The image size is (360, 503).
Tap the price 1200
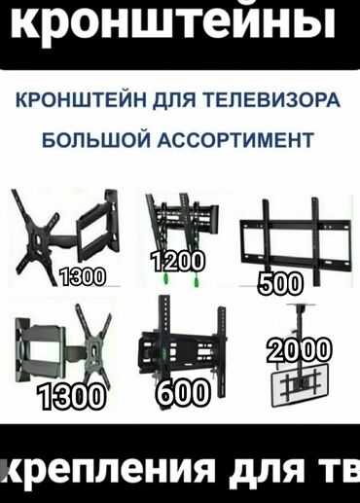coord(177,261)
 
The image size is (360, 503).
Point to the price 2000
coord(299,349)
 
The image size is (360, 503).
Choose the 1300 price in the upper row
coord(83,277)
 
